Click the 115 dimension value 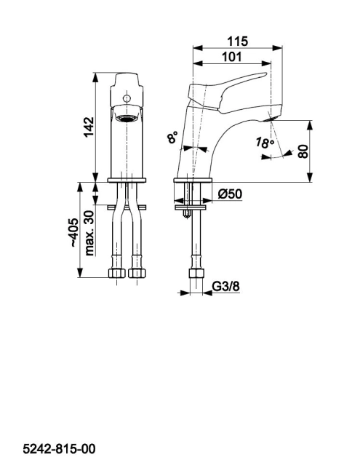(237, 41)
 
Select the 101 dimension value (232, 57)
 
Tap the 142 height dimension (89, 127)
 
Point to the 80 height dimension (303, 151)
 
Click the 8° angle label (172, 137)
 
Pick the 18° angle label (265, 143)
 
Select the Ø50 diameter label (230, 194)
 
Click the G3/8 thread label (225, 286)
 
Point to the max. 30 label (89, 233)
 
